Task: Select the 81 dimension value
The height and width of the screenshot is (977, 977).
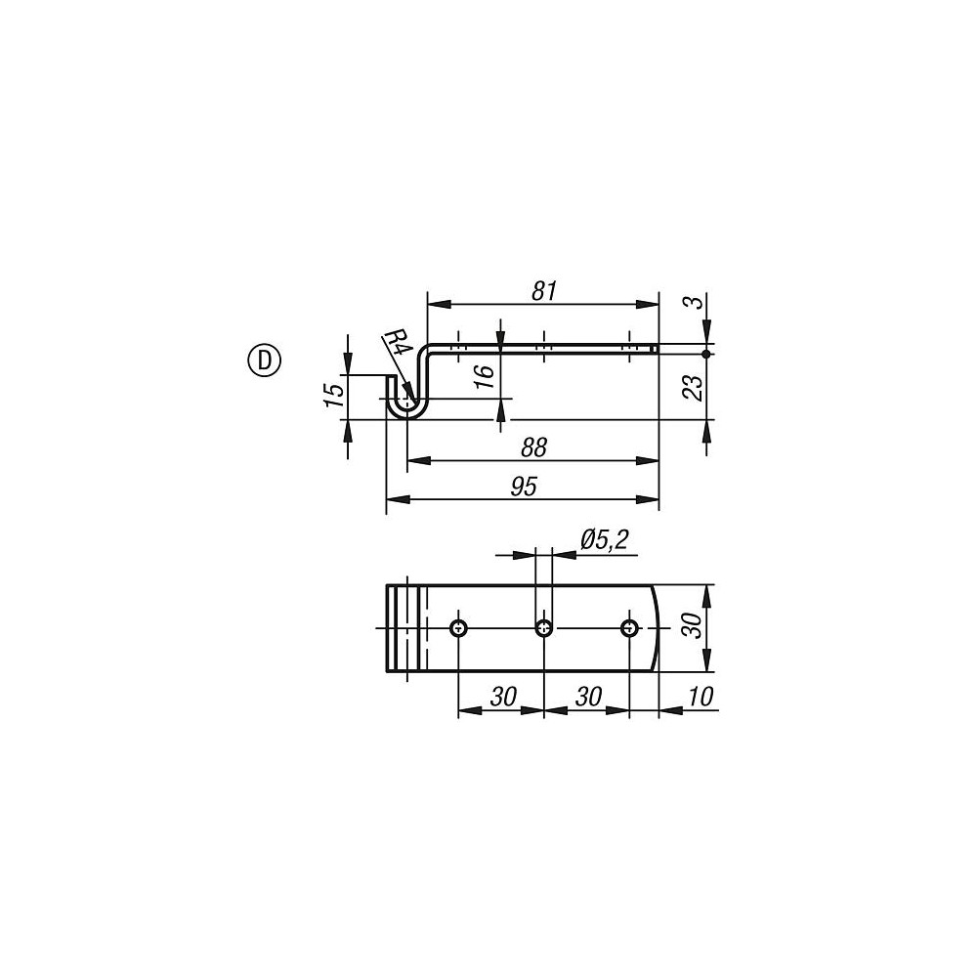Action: (x=544, y=290)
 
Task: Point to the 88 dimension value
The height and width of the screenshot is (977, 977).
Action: (x=532, y=446)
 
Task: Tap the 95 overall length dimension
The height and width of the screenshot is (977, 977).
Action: (x=524, y=487)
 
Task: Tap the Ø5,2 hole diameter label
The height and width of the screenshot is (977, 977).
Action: (x=604, y=538)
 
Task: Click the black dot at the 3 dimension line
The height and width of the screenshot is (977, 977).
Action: (x=705, y=353)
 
